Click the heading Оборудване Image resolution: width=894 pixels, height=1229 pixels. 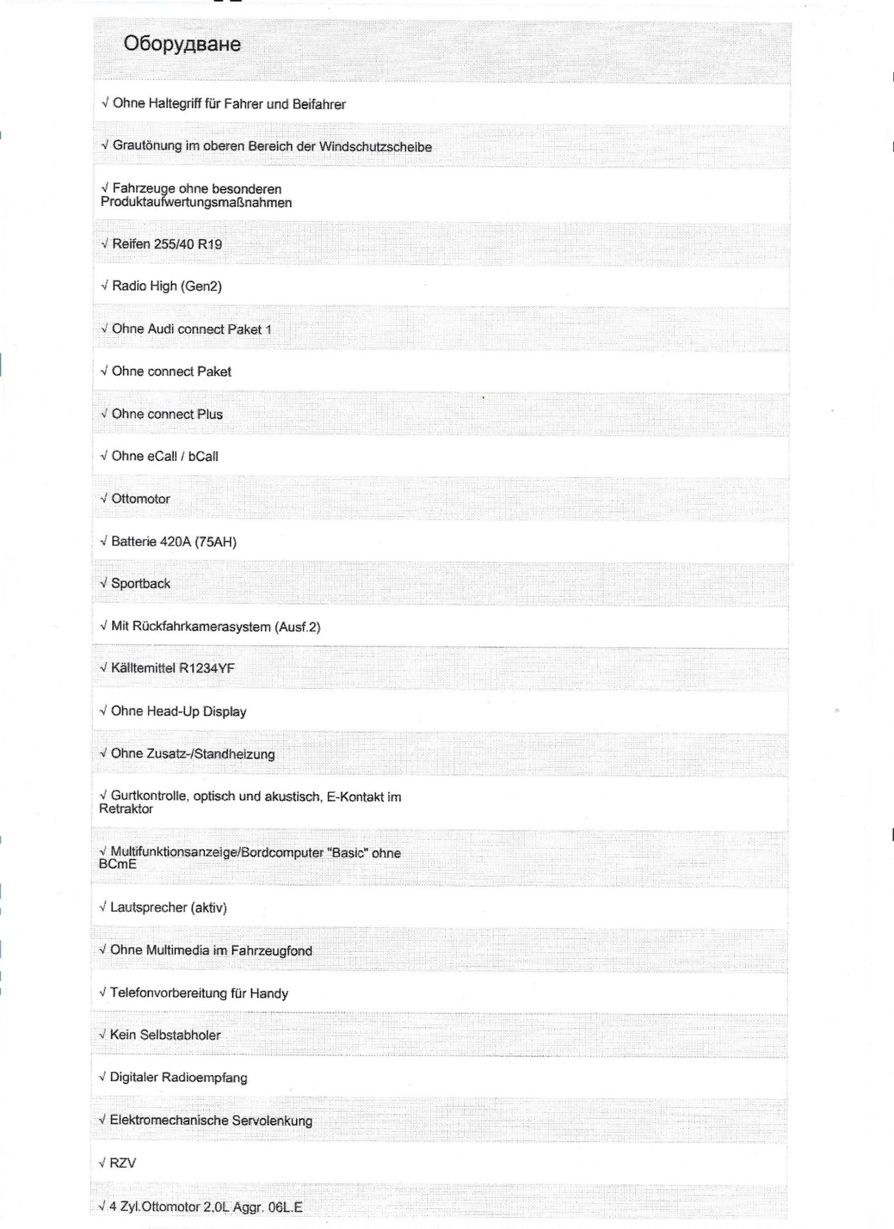182,44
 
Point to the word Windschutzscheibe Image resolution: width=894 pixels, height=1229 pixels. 375,147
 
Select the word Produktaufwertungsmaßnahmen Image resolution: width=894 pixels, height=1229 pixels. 196,203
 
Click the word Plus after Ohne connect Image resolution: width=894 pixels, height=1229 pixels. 210,415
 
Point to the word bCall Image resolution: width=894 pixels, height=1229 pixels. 203,456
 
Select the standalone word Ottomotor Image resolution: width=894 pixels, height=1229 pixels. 140,499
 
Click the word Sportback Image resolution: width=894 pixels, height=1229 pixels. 140,584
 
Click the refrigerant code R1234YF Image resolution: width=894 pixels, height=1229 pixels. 206,668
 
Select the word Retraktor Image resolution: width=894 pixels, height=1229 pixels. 126,809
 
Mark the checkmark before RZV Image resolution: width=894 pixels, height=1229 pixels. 102,1163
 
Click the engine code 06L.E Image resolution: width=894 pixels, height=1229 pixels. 285,1207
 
